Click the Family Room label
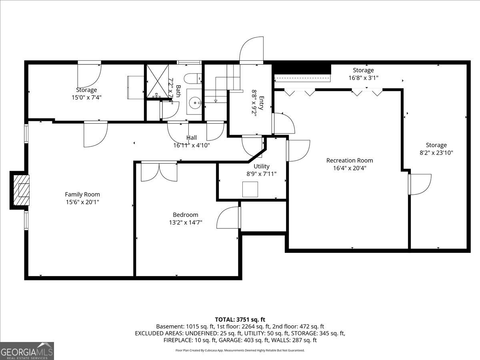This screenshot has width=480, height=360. click(82, 194)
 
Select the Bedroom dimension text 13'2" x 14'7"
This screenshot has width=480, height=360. click(185, 222)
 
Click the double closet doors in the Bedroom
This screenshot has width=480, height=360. click(159, 171)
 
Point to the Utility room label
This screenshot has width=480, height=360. click(262, 166)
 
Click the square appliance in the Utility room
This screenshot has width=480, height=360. click(250, 189)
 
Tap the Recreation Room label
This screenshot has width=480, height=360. click(350, 160)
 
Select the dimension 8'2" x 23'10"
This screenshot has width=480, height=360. click(436, 152)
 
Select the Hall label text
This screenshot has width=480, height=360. click(191, 138)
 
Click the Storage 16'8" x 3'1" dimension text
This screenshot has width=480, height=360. click(363, 78)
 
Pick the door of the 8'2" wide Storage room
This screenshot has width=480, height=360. click(420, 184)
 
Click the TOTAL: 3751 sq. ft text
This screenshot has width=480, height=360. click(240, 319)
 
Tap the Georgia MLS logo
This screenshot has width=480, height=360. click(27, 351)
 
